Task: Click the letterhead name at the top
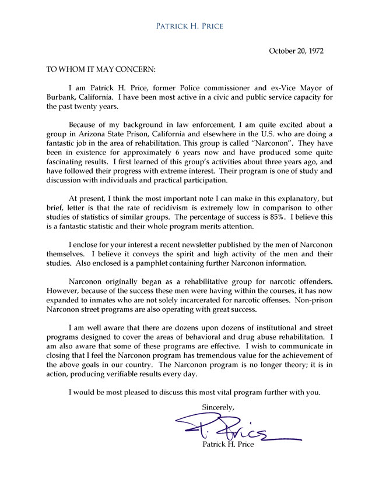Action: coord(189,26)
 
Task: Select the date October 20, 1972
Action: coord(296,51)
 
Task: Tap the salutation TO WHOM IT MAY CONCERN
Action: coord(101,69)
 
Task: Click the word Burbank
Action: coord(61,97)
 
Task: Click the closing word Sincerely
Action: coord(218,406)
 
